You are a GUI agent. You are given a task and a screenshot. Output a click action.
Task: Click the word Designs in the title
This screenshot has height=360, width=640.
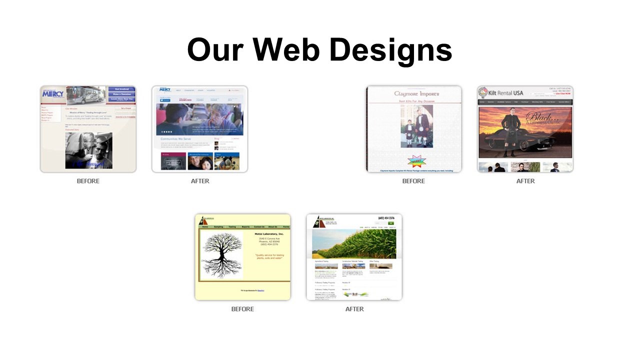coord(390,49)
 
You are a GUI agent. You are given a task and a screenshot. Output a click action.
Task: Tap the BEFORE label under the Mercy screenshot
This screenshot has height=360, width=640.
coord(88,181)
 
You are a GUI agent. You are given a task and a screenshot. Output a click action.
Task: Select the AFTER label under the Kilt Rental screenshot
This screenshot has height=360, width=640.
coord(525,181)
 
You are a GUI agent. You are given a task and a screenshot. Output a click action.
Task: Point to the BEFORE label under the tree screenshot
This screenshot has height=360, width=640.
coord(242,309)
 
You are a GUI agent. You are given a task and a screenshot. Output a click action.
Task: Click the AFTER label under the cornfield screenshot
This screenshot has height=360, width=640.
coord(354,309)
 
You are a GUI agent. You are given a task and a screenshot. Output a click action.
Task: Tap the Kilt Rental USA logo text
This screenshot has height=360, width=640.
coord(505,92)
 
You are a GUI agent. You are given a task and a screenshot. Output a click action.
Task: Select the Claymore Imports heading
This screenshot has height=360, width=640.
coord(416,93)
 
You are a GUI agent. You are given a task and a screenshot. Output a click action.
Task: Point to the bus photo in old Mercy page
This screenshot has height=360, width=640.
coord(86,95)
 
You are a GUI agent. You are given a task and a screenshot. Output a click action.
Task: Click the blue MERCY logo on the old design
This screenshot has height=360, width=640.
coord(53,93)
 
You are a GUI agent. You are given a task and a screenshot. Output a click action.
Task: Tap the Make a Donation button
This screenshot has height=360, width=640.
coord(121,94)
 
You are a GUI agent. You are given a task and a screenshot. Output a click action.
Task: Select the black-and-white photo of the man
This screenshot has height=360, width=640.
coord(88,150)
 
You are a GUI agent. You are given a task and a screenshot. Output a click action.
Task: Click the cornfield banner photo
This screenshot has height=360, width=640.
coord(354,243)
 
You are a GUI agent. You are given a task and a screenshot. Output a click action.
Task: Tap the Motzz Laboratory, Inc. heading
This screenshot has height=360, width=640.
coord(268,234)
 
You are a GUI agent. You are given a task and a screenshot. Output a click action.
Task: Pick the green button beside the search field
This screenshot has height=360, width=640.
coord(390,223)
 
